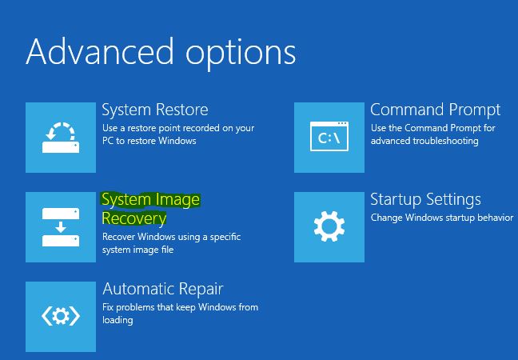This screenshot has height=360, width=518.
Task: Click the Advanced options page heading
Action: [161, 53]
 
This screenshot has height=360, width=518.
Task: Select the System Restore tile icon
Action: [60, 137]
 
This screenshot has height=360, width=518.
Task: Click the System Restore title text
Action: [154, 110]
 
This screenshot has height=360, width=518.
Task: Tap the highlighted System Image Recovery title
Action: [150, 208]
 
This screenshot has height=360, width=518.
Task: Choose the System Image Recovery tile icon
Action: [60, 226]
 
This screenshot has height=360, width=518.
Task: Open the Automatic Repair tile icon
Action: [60, 316]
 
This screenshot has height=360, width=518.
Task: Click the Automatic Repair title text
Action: [162, 289]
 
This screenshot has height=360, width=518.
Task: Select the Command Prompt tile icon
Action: [329, 137]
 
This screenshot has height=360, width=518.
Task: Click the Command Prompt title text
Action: [435, 110]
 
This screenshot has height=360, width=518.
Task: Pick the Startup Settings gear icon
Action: [329, 226]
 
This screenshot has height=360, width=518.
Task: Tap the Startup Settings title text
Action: [425, 199]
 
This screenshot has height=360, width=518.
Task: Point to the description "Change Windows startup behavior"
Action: [441, 218]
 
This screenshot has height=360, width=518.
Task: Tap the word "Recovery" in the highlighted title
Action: [133, 218]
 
